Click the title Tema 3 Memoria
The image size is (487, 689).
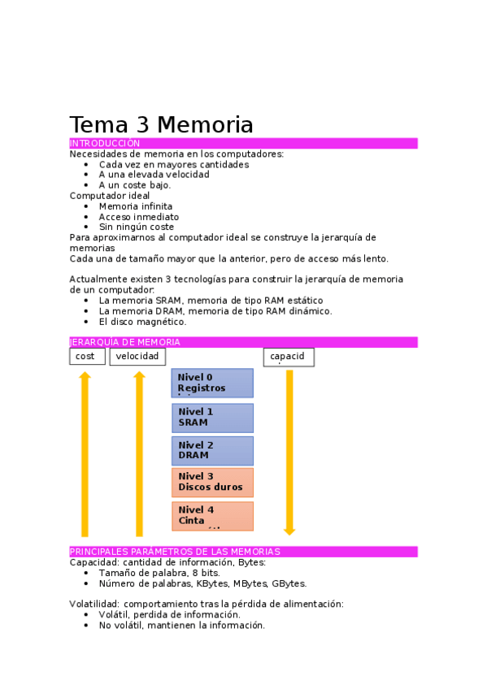161,125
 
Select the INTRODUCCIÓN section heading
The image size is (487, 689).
105,144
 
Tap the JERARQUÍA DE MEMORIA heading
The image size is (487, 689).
125,343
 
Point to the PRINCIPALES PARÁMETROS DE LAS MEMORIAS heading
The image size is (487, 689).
175,552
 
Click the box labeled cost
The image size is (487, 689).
86,357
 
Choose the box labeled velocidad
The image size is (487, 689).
137,357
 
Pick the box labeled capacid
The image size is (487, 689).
288,357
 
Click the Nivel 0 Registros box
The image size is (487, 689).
211,383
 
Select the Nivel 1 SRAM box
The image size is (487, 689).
211,417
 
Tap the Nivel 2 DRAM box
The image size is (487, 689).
211,450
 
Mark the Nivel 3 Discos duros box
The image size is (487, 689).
211,482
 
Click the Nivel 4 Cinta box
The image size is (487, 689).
211,515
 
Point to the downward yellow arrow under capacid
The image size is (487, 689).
289,452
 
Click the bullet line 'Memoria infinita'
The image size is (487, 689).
135,206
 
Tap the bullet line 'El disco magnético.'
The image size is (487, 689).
142,322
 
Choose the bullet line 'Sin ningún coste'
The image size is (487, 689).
136,227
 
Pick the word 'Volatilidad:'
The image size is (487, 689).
94,604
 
